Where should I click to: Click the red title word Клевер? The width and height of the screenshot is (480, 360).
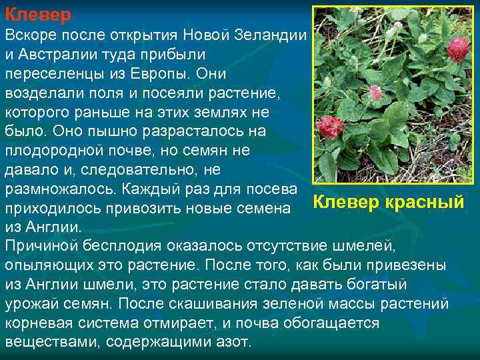tap(38, 13)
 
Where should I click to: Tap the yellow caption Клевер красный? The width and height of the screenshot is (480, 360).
tap(389, 201)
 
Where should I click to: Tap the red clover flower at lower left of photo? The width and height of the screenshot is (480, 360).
tap(330, 125)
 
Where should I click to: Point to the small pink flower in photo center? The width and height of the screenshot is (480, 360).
tap(376, 93)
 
